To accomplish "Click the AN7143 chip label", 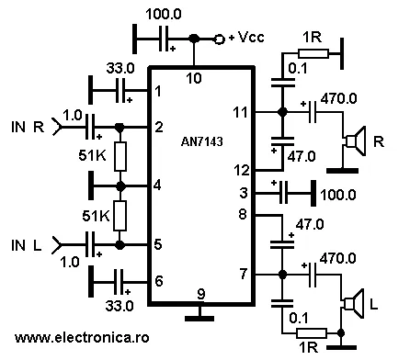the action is (x=202, y=141).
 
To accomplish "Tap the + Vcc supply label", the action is (x=246, y=38).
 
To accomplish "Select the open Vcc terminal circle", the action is (x=220, y=39).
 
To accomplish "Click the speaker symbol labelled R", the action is (x=356, y=141).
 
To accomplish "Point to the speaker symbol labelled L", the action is (x=354, y=304).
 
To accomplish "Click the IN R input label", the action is (x=28, y=127).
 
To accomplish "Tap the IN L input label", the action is (x=27, y=245).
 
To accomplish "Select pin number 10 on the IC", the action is (x=194, y=79).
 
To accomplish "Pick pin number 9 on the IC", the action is (x=201, y=294).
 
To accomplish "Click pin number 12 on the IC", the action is (x=242, y=170).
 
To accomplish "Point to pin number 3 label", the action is (x=244, y=193).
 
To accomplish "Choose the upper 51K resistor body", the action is (x=120, y=156).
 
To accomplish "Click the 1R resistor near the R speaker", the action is (x=313, y=54).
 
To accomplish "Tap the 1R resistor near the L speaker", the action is (x=312, y=333).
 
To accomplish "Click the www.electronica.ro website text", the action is (x=82, y=338).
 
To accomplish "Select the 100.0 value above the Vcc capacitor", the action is (x=164, y=14).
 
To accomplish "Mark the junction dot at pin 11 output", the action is (x=282, y=112).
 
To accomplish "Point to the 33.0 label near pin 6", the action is (x=120, y=306).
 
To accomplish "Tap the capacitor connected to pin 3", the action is (x=284, y=193).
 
